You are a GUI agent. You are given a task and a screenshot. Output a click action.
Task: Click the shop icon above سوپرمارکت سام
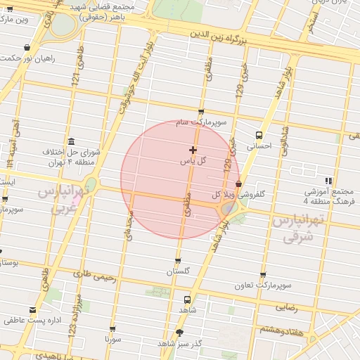202,112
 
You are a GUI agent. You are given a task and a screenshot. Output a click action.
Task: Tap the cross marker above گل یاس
193,150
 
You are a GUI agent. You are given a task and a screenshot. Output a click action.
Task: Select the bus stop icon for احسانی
259,135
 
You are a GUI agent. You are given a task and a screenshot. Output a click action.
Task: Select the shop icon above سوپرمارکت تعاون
263,275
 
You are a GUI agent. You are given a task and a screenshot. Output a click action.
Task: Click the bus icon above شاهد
187,299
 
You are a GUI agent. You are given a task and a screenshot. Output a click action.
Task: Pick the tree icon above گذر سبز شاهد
180,333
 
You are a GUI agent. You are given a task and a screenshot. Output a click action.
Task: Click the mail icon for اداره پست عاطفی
32,310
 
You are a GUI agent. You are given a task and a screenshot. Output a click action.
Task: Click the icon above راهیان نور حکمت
27,48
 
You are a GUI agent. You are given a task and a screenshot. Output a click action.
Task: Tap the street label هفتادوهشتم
283,329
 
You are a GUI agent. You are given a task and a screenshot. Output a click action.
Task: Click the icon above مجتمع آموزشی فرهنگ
328,181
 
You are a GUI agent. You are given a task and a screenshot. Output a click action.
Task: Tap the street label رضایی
285,307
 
